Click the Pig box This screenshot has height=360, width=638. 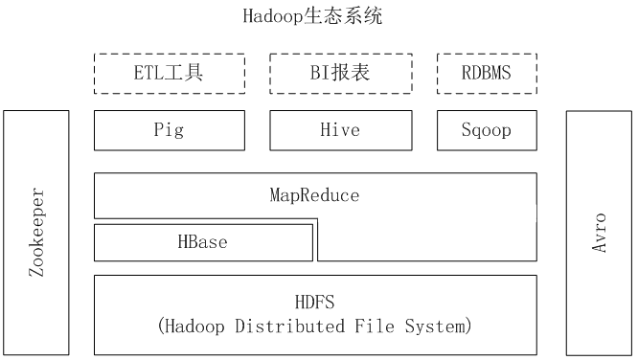click(169, 130)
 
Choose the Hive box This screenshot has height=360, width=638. click(340, 130)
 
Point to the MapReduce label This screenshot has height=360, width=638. click(314, 195)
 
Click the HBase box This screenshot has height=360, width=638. click(203, 241)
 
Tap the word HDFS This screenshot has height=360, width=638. click(314, 301)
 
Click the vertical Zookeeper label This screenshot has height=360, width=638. click(36, 233)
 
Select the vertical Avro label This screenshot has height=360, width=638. click(600, 233)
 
